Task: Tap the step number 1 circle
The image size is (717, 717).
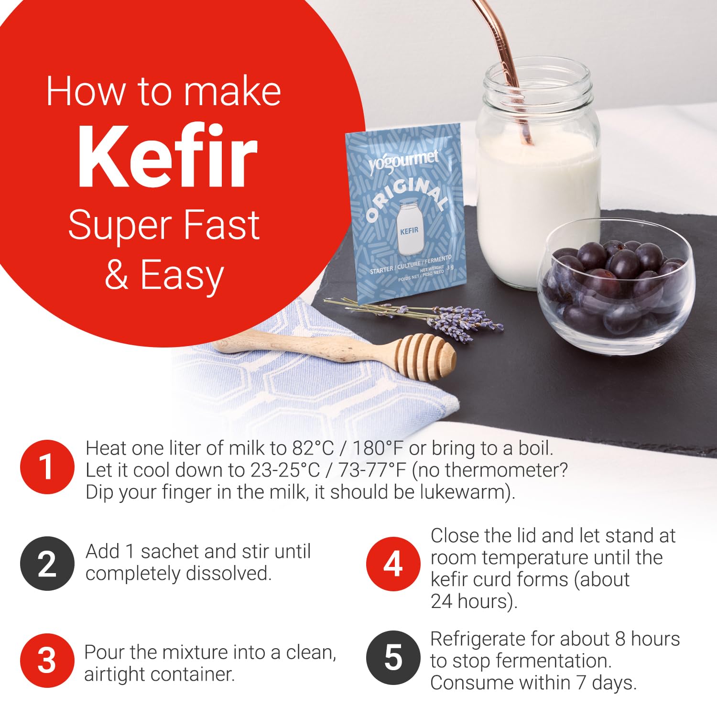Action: click(47, 467)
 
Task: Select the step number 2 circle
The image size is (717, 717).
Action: click(47, 564)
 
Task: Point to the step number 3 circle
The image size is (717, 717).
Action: click(47, 661)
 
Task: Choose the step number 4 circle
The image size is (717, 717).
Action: click(393, 564)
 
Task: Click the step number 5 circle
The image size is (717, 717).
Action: click(393, 658)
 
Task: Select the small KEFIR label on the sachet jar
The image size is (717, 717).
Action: click(409, 230)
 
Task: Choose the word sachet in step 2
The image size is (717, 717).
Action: click(185, 552)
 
